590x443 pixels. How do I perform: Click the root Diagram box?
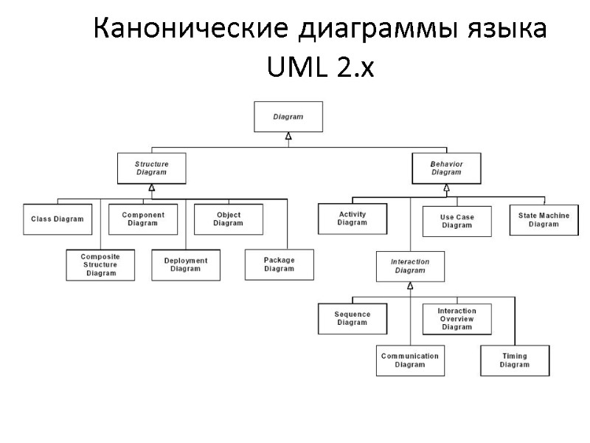(288, 117)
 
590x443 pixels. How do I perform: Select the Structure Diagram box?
(151, 168)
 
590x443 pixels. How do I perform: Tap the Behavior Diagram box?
(445, 168)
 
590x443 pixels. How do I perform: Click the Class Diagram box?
(57, 219)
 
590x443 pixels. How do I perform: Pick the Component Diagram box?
(142, 219)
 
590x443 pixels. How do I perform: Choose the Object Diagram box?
(228, 219)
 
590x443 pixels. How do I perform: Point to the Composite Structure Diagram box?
(100, 264)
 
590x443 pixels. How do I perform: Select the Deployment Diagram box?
(186, 264)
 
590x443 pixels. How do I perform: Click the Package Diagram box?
(279, 264)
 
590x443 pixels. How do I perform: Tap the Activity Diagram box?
(352, 219)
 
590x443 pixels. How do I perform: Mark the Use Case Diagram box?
(457, 221)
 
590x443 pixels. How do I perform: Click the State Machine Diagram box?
(544, 219)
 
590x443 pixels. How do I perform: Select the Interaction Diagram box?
(410, 266)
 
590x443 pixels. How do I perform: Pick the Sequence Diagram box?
(352, 318)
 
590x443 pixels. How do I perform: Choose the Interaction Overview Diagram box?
(457, 318)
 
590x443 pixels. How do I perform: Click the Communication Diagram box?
(410, 360)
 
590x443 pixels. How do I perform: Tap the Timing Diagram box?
(515, 360)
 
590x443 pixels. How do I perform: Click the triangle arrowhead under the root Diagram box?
(288, 136)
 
